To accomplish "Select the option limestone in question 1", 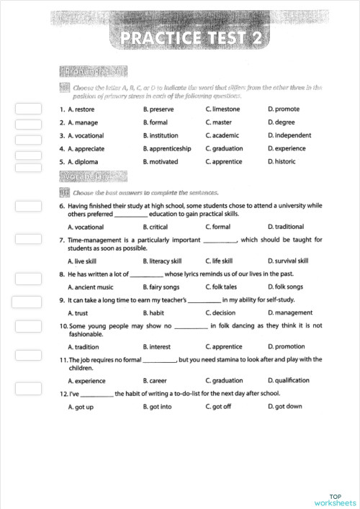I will click(222, 109).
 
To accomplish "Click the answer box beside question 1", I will click(28, 110).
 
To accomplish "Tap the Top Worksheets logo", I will click(335, 500).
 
